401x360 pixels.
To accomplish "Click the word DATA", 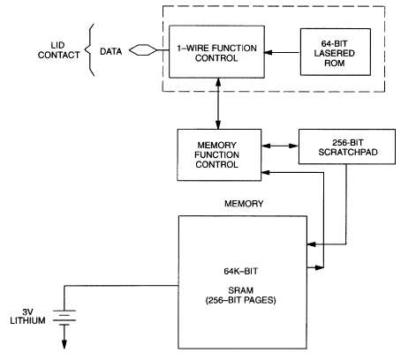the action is [x=111, y=51].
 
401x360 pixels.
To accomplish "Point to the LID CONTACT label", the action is [x=58, y=50].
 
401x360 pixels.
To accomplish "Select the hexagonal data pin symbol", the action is [x=143, y=50].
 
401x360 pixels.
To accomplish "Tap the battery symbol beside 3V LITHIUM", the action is [x=64, y=318].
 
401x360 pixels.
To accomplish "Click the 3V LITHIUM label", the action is [x=27, y=316].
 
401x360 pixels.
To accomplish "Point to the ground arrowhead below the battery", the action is [x=64, y=344].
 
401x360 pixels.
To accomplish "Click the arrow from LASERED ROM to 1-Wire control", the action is [x=282, y=53].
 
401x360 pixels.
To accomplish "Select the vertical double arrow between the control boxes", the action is [x=218, y=103].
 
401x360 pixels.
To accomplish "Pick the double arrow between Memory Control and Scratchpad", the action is [x=280, y=146].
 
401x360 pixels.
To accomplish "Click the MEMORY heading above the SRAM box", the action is [x=244, y=204].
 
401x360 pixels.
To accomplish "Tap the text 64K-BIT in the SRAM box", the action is [x=241, y=271].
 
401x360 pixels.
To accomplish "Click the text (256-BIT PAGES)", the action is [x=240, y=300].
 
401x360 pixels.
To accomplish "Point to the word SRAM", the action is [x=240, y=290].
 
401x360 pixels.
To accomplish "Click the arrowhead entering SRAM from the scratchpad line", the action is [x=311, y=244].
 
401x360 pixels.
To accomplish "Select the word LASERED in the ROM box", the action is [x=334, y=53].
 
